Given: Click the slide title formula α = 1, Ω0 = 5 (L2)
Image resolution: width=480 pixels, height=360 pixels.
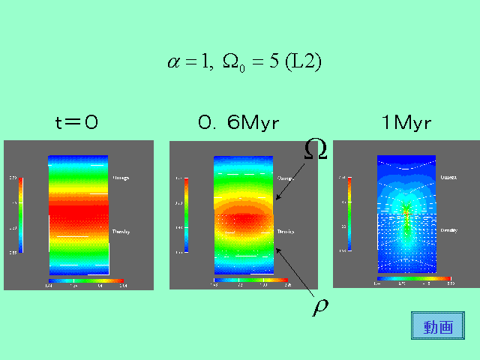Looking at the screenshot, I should click(x=244, y=62).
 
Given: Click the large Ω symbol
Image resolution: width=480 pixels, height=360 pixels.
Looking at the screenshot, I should click(x=316, y=148).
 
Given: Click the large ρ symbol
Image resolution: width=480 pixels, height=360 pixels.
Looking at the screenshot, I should click(x=321, y=307).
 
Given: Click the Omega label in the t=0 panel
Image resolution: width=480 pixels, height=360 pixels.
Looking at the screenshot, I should click(x=121, y=178).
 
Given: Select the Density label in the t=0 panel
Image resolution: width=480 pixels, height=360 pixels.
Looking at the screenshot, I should click(x=121, y=232).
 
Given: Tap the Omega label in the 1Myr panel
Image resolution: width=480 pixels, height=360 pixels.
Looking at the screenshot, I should click(x=449, y=178).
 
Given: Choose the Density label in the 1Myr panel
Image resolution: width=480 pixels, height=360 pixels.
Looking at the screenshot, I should click(x=449, y=230).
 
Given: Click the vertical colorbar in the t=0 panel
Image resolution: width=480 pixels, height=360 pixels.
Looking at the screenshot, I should click(x=20, y=214).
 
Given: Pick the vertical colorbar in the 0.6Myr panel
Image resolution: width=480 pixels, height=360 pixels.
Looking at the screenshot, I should click(x=186, y=214).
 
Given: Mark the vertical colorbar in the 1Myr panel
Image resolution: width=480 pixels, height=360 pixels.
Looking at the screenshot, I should click(x=349, y=214).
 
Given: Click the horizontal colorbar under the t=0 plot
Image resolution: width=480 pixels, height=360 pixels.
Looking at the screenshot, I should click(x=85, y=280).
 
